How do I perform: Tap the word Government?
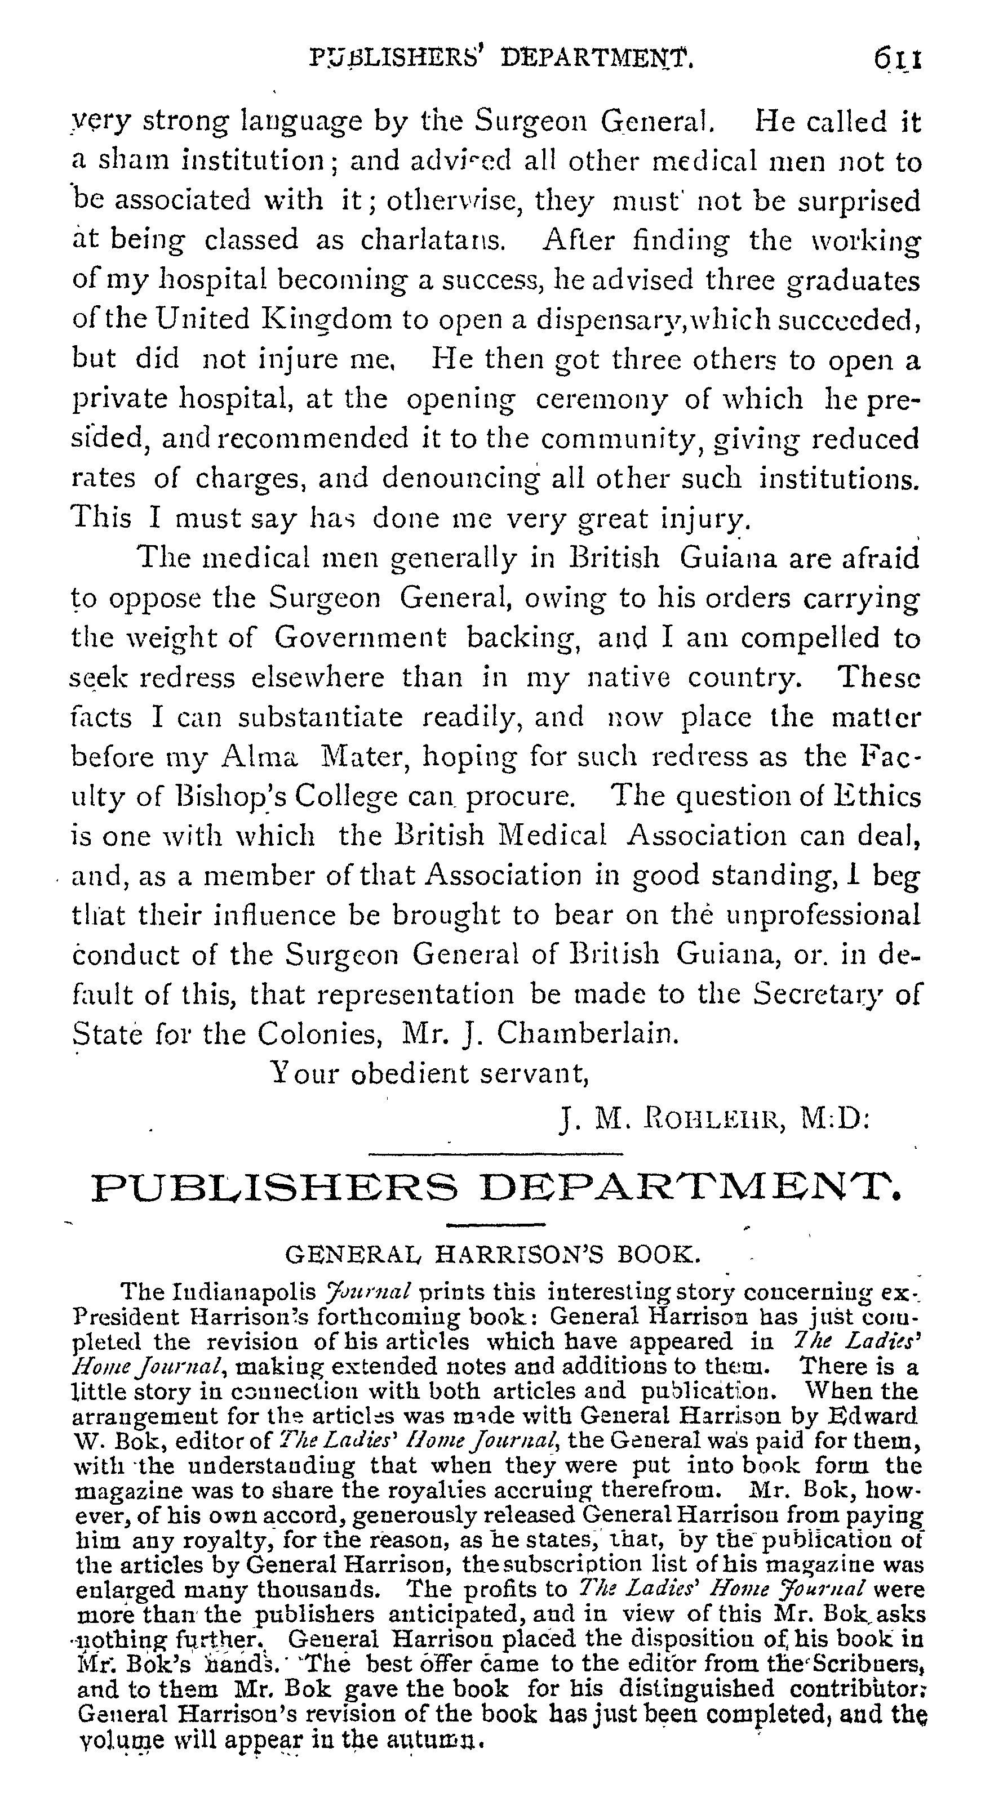tap(360, 638)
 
